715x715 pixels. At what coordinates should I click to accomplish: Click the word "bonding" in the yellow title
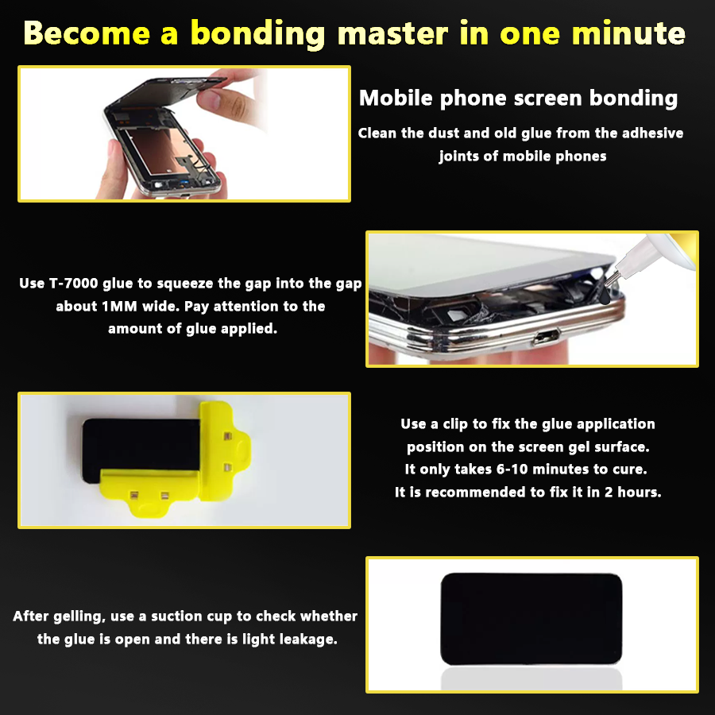[257, 34]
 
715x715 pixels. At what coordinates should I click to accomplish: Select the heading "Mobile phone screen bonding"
[518, 99]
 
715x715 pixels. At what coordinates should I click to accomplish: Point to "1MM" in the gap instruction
[119, 307]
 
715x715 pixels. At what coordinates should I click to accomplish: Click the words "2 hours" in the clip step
[632, 492]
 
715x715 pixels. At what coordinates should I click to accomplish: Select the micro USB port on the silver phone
[546, 337]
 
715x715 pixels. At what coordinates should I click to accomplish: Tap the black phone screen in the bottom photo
[531, 619]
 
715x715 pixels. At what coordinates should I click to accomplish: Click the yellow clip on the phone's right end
[223, 451]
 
